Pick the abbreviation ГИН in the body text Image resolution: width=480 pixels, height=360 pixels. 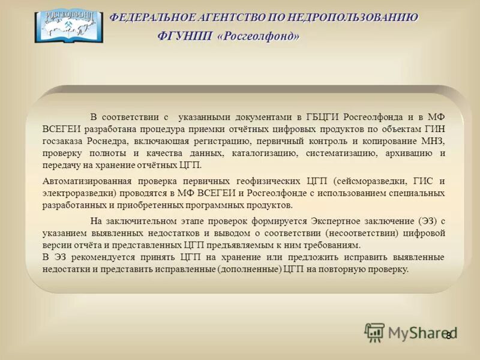coord(434,129)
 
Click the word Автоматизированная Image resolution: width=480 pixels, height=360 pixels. coord(83,181)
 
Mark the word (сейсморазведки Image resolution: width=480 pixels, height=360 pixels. coord(367,181)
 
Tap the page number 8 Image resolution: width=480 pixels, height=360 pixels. coord(448,335)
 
